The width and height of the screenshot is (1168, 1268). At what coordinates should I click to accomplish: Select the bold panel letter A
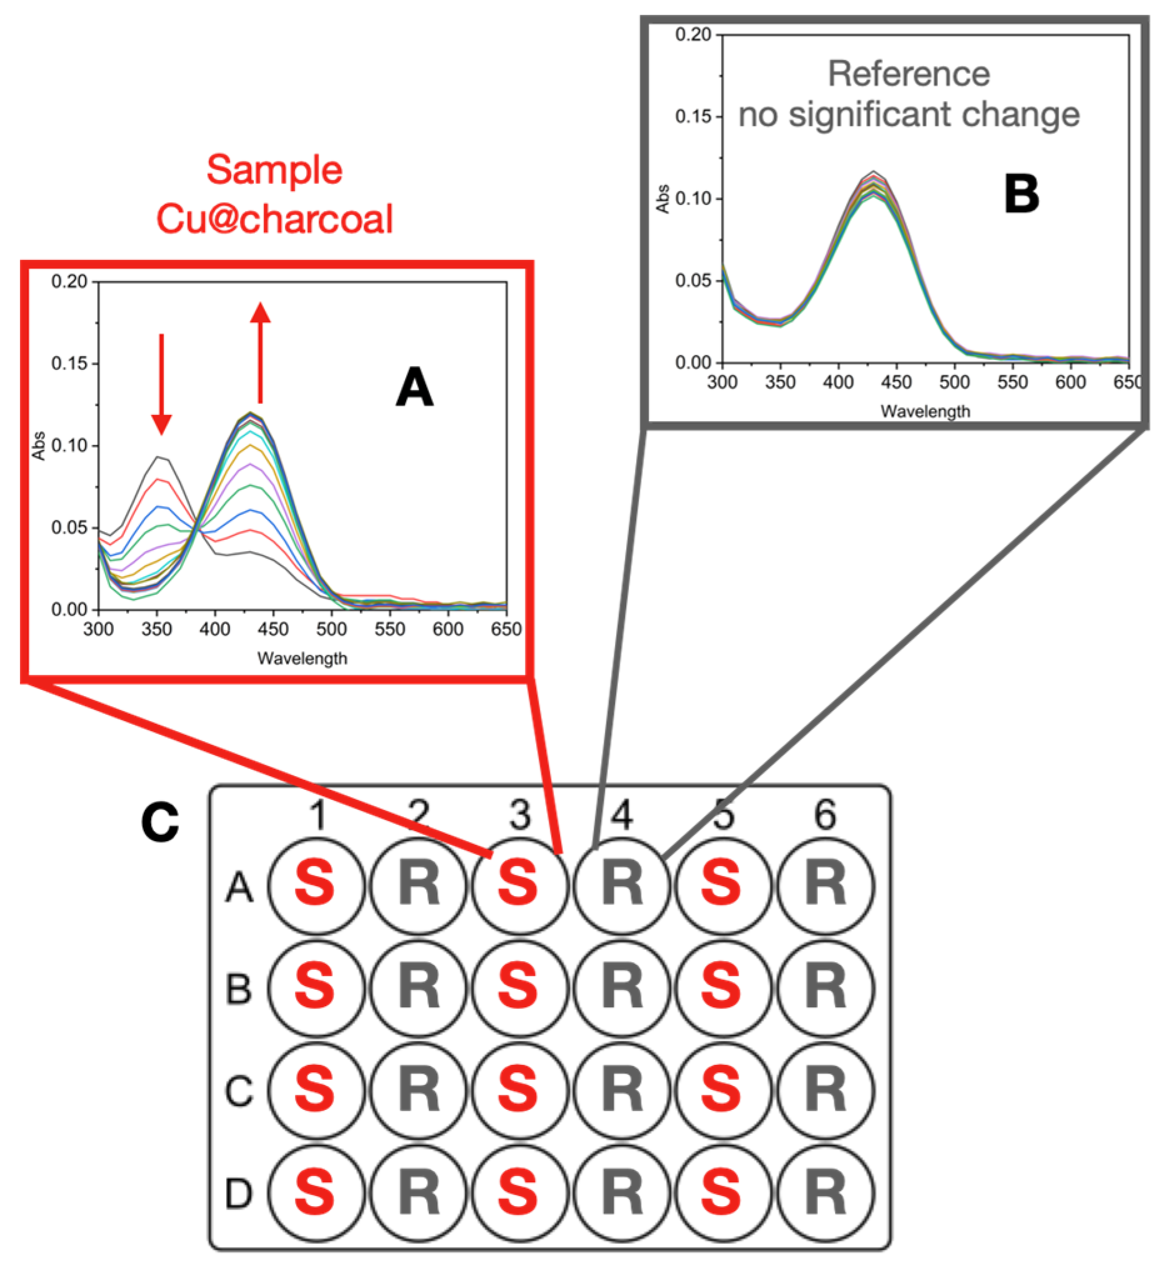(x=414, y=387)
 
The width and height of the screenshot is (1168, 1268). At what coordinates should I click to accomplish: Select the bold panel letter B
(x=1021, y=194)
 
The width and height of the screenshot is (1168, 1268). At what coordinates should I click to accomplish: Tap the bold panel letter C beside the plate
(x=160, y=822)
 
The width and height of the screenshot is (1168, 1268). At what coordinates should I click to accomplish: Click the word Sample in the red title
(x=274, y=169)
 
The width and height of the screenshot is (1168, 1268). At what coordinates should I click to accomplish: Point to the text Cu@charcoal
(x=274, y=219)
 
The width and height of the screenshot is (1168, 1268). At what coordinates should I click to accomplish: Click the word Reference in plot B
(x=909, y=74)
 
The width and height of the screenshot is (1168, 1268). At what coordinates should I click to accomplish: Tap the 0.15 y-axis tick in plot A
(x=69, y=364)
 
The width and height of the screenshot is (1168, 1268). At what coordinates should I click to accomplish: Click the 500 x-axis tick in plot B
(x=954, y=382)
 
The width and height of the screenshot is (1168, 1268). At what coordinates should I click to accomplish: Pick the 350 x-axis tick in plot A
(x=157, y=629)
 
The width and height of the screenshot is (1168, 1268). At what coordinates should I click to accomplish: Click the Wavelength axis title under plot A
(x=302, y=658)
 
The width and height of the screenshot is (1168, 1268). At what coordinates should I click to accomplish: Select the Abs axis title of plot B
(x=662, y=199)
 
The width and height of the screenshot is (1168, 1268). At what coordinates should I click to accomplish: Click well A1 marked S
(x=316, y=886)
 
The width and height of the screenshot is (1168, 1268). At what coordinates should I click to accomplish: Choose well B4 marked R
(x=622, y=988)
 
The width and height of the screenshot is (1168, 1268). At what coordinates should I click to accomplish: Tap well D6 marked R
(x=826, y=1193)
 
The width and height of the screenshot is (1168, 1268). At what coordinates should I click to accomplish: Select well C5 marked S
(x=723, y=1091)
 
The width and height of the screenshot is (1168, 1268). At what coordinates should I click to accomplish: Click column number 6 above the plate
(x=826, y=815)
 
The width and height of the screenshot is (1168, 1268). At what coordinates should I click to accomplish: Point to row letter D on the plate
(x=239, y=1194)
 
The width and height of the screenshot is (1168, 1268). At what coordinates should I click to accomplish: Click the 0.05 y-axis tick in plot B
(x=692, y=280)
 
